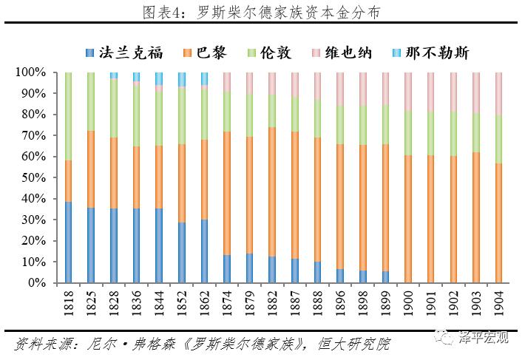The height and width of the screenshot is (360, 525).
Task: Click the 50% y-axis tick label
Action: (33, 178)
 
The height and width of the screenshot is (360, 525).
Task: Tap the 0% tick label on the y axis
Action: (36, 283)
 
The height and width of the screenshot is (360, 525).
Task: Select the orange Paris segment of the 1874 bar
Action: (227, 193)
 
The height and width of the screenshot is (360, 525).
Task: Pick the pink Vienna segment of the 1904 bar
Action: (498, 94)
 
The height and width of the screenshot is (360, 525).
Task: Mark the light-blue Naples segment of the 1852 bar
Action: (182, 79)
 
